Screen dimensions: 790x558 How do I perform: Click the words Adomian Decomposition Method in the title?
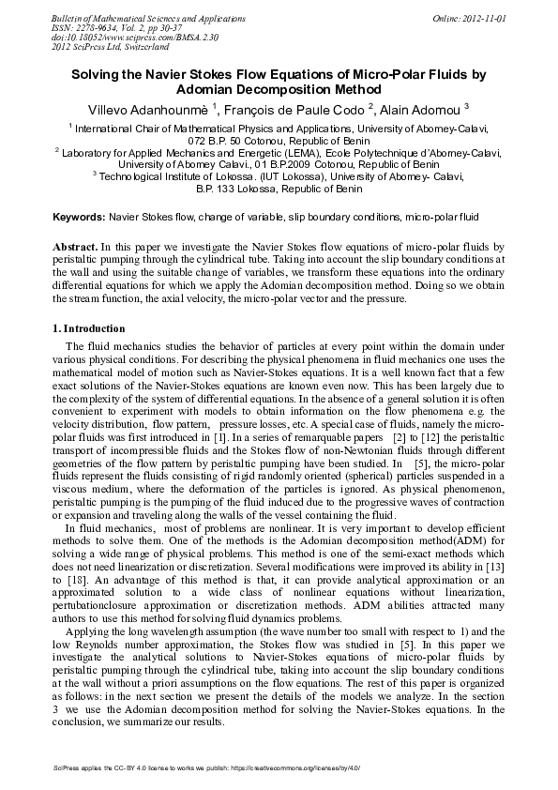coord(279,88)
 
